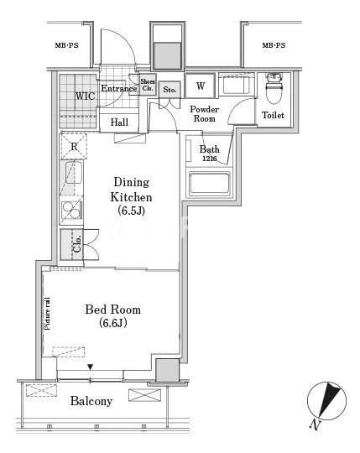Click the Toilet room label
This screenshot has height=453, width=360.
(x=273, y=115)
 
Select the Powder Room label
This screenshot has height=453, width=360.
(x=204, y=114)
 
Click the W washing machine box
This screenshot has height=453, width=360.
(x=201, y=86)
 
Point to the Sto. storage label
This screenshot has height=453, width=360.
(x=170, y=90)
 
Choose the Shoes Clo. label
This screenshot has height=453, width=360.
(x=148, y=85)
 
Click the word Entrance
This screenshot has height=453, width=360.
(x=119, y=88)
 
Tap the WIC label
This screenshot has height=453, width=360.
(x=85, y=96)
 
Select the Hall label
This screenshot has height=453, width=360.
(x=119, y=122)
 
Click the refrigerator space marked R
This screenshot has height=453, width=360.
(x=74, y=146)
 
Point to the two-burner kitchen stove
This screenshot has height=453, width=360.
(x=71, y=210)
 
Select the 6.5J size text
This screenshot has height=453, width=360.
(x=131, y=211)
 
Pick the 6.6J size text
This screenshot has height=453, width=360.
(x=113, y=323)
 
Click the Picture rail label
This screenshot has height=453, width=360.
(x=47, y=314)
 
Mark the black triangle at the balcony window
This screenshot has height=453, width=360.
(x=91, y=367)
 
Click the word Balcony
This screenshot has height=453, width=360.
(x=91, y=401)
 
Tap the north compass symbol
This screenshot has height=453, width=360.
(x=326, y=401)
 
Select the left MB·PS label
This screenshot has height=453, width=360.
(x=67, y=45)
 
